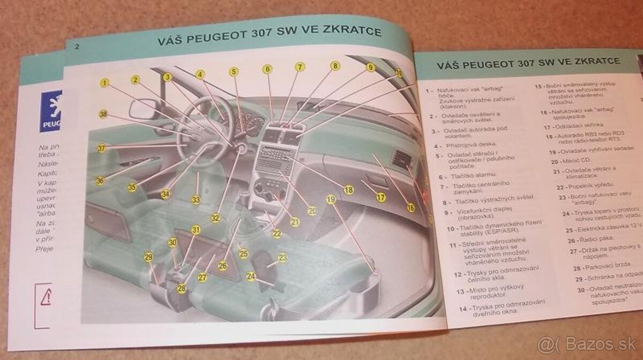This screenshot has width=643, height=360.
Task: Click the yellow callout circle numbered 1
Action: (104, 83)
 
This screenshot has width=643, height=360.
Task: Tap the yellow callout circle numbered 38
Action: (103, 114)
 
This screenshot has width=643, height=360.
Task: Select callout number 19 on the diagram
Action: (331, 199)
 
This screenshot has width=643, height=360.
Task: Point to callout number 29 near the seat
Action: (148, 257)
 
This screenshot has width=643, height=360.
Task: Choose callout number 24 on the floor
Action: (251, 276)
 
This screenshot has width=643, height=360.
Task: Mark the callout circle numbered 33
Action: (196, 200)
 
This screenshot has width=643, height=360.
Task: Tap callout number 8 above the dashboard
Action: (335, 66)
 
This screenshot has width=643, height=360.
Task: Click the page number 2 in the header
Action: (77, 47)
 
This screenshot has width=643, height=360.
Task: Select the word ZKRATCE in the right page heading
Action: (595, 62)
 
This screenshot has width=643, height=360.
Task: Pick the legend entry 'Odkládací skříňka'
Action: (582, 127)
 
